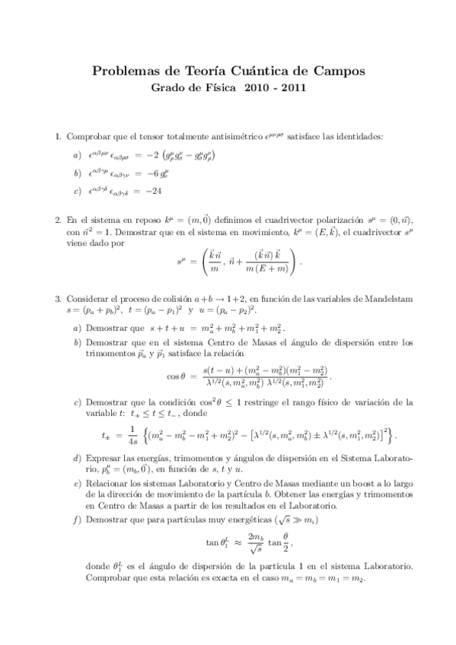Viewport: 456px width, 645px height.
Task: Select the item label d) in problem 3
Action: click(x=77, y=459)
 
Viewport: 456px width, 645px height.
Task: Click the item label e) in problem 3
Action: click(x=77, y=484)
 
